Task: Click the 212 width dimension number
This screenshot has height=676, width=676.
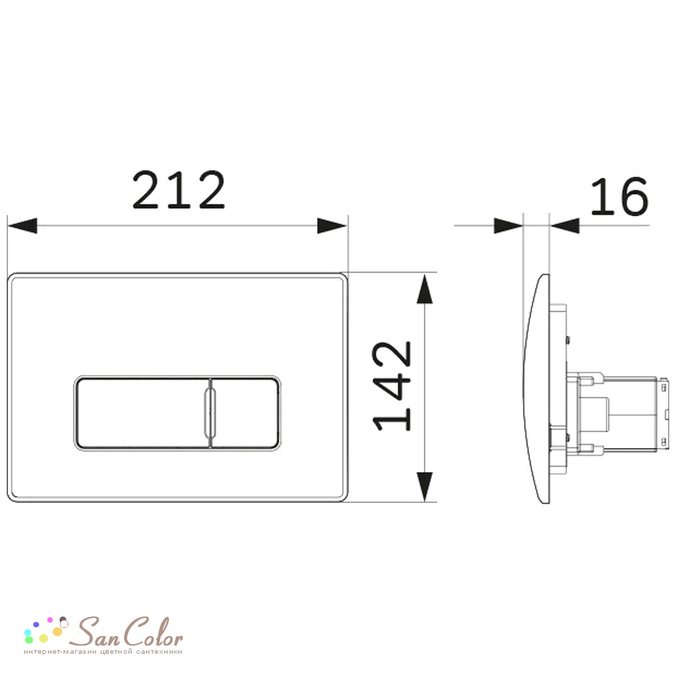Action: pos(178,190)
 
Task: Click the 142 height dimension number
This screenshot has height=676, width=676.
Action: pos(392,386)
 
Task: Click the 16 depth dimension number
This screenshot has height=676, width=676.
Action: pos(619,197)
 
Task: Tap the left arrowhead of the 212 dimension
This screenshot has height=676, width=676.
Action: pos(22,226)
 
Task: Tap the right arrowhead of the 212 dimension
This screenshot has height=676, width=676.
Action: pos(333,226)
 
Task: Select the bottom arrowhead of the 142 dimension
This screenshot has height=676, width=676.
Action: pos(425,487)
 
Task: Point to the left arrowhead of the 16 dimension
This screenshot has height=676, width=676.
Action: pos(508,226)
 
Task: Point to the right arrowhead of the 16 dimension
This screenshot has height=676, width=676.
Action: pos(564,226)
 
